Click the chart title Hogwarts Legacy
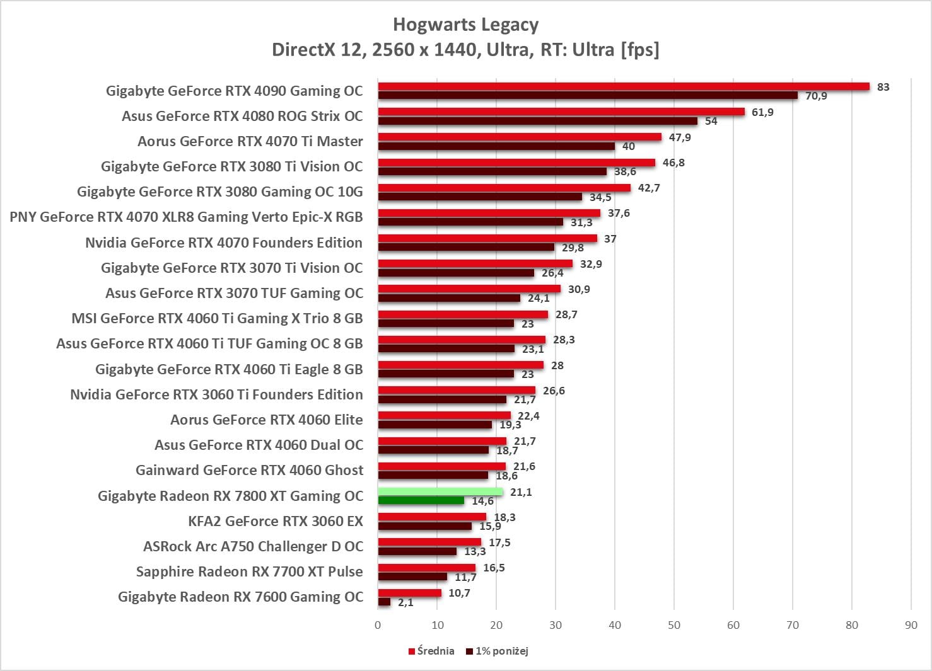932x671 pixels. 465,25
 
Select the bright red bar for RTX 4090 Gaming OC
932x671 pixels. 623,86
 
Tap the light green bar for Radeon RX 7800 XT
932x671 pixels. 440,491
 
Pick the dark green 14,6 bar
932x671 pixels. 421,500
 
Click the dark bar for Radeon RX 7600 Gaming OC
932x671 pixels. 384,602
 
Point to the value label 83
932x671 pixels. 883,87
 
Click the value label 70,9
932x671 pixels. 816,96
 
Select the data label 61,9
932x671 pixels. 762,112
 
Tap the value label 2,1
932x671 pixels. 405,602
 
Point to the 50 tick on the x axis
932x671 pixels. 674,625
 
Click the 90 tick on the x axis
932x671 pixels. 911,625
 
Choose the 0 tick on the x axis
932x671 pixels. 378,625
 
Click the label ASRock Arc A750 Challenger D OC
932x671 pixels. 253,546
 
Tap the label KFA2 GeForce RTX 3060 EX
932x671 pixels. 276,521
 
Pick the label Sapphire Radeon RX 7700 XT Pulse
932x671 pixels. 250,571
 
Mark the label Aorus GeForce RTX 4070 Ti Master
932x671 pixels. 250,141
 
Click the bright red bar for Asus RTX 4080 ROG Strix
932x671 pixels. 561,112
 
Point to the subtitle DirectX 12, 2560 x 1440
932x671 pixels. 465,49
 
